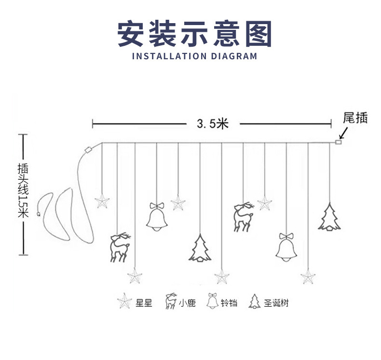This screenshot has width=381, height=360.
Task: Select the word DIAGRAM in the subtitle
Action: click(234, 56)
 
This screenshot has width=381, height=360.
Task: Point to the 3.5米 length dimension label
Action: click(212, 124)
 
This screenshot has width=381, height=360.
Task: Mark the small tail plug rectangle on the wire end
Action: click(339, 142)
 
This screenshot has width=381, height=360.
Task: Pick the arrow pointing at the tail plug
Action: click(344, 133)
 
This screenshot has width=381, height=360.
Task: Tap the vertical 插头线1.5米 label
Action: click(22, 191)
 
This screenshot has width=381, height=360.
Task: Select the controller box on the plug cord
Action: click(88, 149)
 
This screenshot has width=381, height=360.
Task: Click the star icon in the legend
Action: click(124, 302)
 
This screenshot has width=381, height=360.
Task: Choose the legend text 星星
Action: click(144, 303)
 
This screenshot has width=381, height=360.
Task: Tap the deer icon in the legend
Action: click(170, 302)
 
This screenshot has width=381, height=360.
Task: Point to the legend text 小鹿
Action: click(187, 303)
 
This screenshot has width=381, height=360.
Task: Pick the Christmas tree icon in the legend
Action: click(254, 302)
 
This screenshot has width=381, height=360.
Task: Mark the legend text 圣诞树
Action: click(276, 303)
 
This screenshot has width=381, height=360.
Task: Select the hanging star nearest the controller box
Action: click(102, 201)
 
